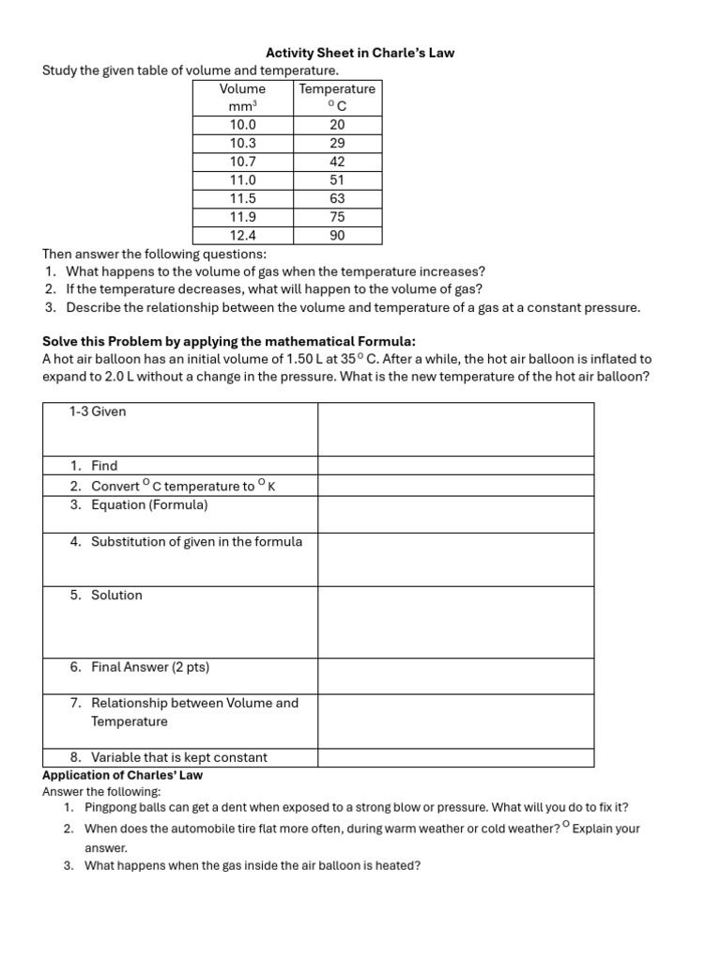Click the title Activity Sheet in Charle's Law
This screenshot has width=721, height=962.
pyautogui.click(x=360, y=53)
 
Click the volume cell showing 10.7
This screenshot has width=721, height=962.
pyautogui.click(x=242, y=162)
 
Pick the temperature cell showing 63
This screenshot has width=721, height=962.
pyautogui.click(x=337, y=198)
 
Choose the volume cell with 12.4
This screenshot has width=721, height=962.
pyautogui.click(x=242, y=236)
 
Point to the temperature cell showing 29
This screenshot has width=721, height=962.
pyautogui.click(x=337, y=143)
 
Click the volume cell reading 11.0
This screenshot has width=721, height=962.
pyautogui.click(x=242, y=179)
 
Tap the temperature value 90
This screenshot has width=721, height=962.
pyautogui.click(x=337, y=236)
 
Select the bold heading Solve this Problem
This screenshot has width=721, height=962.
pyautogui.click(x=228, y=340)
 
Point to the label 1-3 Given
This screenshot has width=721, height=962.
pyautogui.click(x=98, y=411)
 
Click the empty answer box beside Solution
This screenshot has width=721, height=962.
pyautogui.click(x=455, y=621)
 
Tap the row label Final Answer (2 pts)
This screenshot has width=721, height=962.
pyautogui.click(x=150, y=667)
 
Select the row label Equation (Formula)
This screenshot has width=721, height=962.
pyautogui.click(x=149, y=504)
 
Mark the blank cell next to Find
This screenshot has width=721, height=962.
pyautogui.click(x=455, y=465)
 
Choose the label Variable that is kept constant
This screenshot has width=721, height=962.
pyautogui.click(x=178, y=757)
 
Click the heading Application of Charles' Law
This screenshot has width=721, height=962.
pyautogui.click(x=122, y=775)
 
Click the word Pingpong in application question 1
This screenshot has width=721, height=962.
pyautogui.click(x=111, y=807)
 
